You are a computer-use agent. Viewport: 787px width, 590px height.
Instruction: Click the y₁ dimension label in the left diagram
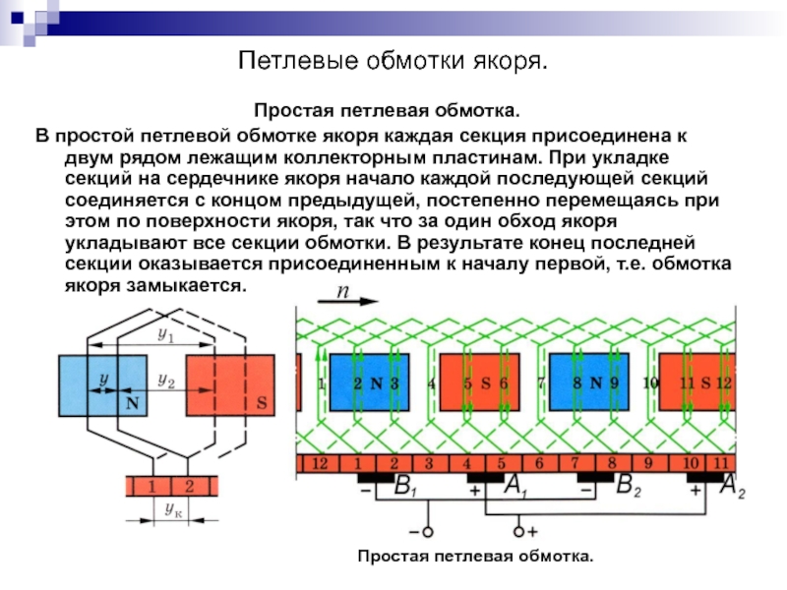click(165, 335)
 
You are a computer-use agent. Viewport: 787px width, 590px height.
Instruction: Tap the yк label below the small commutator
click(172, 509)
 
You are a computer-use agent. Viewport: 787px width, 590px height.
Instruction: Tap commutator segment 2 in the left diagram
click(190, 486)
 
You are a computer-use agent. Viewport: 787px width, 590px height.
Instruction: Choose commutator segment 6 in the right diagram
click(538, 463)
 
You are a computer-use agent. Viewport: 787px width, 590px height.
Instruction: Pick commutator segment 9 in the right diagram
click(647, 463)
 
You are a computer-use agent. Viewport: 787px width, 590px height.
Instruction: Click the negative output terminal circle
click(428, 532)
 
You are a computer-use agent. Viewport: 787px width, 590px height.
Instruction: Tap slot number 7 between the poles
click(540, 383)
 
